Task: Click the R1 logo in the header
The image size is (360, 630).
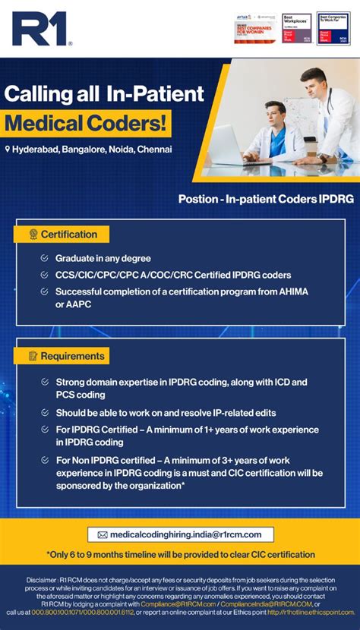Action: click(42, 28)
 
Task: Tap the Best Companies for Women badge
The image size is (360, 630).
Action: click(255, 29)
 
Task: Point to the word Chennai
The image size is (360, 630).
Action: click(155, 150)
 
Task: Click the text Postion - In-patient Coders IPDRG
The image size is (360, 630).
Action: click(266, 200)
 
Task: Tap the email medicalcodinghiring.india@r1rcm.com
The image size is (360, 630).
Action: click(185, 535)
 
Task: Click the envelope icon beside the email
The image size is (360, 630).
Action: click(103, 535)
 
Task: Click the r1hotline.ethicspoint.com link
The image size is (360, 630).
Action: click(311, 613)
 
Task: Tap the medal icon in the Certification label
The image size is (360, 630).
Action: click(33, 235)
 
